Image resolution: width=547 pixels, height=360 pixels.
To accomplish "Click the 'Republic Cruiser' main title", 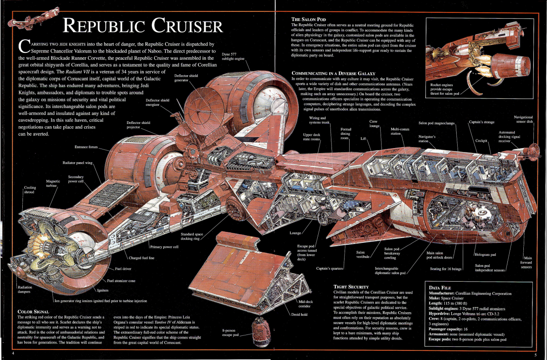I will coord(143,26).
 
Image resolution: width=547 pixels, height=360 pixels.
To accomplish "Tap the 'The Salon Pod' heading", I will coord(308,19).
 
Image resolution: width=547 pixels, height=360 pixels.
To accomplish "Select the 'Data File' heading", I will coord(440,288).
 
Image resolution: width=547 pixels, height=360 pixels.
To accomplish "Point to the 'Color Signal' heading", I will coord(34,312).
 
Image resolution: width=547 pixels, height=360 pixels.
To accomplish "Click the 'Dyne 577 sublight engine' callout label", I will coord(232,57).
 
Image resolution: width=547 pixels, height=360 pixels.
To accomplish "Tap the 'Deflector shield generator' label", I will coord(186,77).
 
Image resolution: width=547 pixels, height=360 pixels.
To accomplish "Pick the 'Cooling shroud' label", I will coord(30,190).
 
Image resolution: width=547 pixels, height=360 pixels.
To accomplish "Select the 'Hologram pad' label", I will coord(485,254).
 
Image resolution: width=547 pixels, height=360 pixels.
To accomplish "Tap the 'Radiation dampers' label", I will coord(24,289).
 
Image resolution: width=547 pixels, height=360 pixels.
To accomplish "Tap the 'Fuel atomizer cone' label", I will coord(121,281).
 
